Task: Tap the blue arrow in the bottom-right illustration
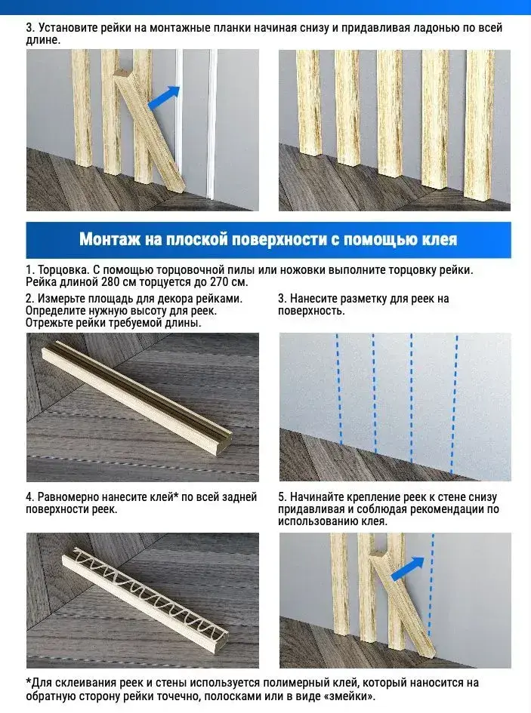408,568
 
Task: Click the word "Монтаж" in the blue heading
110,239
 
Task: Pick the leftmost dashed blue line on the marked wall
339,388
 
